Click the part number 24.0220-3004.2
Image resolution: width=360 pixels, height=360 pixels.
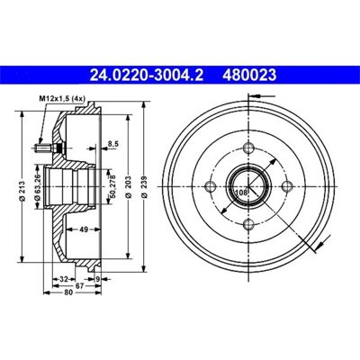tap(147, 75)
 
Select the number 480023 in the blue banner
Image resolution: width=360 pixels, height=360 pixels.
tap(249, 75)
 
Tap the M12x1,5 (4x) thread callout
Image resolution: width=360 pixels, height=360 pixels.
tap(62, 98)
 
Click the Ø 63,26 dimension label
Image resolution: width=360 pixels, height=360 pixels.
tap(38, 191)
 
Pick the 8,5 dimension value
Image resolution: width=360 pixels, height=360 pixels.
tap(113, 144)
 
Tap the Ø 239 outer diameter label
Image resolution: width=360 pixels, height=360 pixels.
tap(145, 186)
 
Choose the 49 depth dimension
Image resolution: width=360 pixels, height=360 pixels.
tap(84, 229)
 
